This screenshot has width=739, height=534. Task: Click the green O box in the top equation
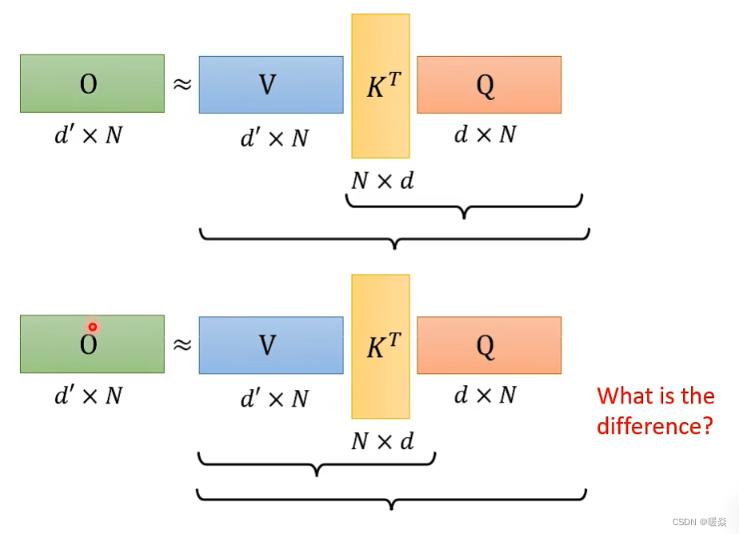point(92,83)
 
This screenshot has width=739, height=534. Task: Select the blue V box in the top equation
point(271,84)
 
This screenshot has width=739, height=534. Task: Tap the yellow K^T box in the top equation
point(380,86)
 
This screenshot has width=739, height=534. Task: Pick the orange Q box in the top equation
point(489,84)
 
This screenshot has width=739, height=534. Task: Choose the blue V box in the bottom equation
point(271,345)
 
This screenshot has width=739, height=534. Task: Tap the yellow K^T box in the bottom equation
point(380,346)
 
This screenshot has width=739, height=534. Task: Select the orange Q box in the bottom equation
point(489,345)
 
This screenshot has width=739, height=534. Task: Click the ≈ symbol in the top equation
point(182,83)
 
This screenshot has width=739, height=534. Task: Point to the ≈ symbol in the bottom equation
point(182,344)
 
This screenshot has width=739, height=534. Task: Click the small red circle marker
point(93,327)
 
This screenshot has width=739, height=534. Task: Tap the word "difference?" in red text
point(654,425)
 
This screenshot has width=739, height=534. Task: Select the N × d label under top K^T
point(382,181)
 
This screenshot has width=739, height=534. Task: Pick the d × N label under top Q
point(485,135)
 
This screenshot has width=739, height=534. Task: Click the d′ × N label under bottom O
point(89,395)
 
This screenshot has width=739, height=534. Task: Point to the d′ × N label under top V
point(274,138)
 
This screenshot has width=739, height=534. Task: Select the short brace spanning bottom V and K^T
point(317,464)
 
